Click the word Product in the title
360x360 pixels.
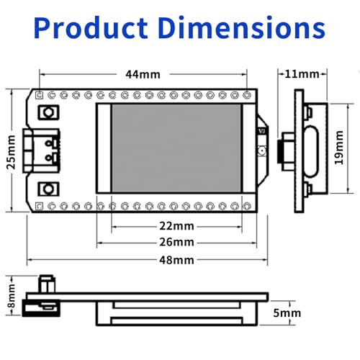click(x=91, y=27)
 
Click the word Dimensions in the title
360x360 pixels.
click(x=242, y=27)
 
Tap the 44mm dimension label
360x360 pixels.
click(x=143, y=74)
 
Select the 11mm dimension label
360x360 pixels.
click(x=302, y=74)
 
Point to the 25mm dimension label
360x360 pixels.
click(x=11, y=152)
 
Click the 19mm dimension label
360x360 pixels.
click(x=339, y=148)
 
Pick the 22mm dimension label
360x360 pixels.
click(x=176, y=226)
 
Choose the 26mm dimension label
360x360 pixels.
click(x=176, y=242)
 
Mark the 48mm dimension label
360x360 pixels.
click(x=176, y=260)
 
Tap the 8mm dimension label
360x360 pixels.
click(x=12, y=296)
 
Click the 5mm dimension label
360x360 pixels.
click(x=287, y=313)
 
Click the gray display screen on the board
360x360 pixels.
click(x=176, y=148)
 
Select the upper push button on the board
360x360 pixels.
click(x=48, y=112)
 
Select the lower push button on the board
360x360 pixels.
click(x=48, y=189)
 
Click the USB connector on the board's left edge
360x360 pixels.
click(x=41, y=150)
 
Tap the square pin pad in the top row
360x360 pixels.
click(x=39, y=96)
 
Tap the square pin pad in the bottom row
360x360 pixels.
click(x=39, y=206)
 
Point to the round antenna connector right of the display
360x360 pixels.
click(x=261, y=151)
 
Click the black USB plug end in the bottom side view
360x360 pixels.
click(x=41, y=308)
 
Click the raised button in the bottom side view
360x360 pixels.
click(x=47, y=284)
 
